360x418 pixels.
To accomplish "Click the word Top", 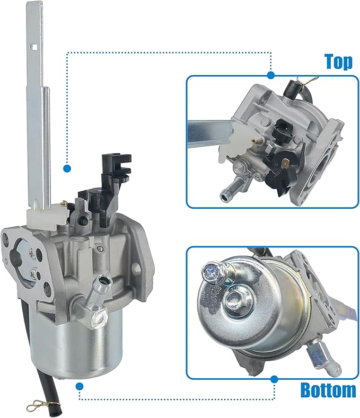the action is [x=338, y=61].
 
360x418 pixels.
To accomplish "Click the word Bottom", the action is [x=328, y=390].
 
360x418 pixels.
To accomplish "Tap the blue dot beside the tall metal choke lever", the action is [x=67, y=168].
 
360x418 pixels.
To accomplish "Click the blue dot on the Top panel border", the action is [x=271, y=75].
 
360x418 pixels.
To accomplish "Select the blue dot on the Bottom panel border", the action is [x=274, y=379].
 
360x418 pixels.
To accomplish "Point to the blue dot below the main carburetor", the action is [x=80, y=386].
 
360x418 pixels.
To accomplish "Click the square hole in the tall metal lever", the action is [x=34, y=47].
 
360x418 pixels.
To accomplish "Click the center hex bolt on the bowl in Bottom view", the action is [x=236, y=297].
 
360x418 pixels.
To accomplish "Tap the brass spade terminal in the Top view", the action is [x=286, y=162].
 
